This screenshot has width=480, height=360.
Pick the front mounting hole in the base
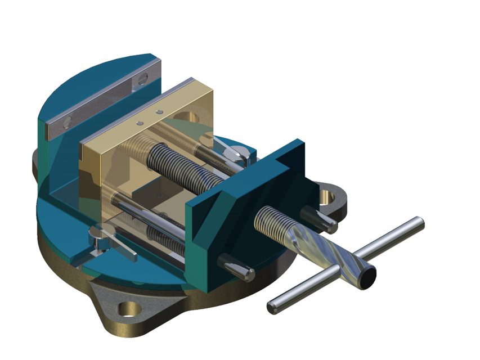click(129, 309)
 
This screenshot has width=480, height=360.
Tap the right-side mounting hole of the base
click(331, 196)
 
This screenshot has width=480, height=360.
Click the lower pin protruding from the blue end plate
click(236, 267)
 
